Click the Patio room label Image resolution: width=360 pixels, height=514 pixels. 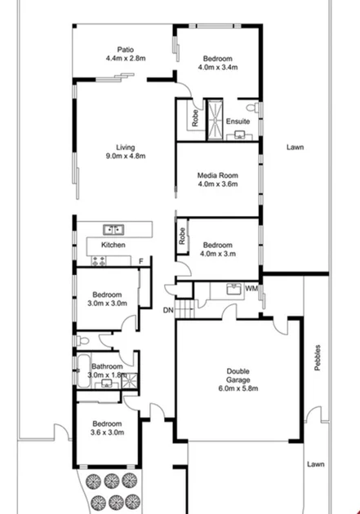[x=125, y=49]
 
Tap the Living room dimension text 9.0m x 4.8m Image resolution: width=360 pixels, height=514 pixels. [x=125, y=156]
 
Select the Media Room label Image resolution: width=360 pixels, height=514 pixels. [x=217, y=175]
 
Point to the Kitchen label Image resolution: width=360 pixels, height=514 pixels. [x=113, y=245]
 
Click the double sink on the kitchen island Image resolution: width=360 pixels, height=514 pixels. [x=113, y=229]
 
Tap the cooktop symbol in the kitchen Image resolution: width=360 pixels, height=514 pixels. [x=99, y=261]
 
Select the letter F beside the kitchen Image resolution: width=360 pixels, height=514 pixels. [x=140, y=261]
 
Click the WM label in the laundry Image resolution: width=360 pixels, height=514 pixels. [x=251, y=289]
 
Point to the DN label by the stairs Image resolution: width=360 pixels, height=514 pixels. [x=167, y=310]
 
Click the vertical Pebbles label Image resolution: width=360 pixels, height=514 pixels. [x=318, y=357]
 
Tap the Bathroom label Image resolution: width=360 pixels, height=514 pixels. [x=107, y=366]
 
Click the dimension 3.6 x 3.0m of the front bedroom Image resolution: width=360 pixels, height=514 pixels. [x=107, y=432]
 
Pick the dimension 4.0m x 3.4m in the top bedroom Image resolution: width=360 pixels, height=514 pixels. [x=217, y=68]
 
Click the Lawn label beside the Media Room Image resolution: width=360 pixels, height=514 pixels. [x=296, y=148]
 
